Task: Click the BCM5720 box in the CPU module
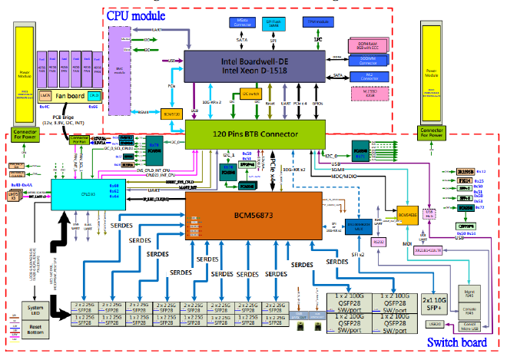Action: click(174, 114)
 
